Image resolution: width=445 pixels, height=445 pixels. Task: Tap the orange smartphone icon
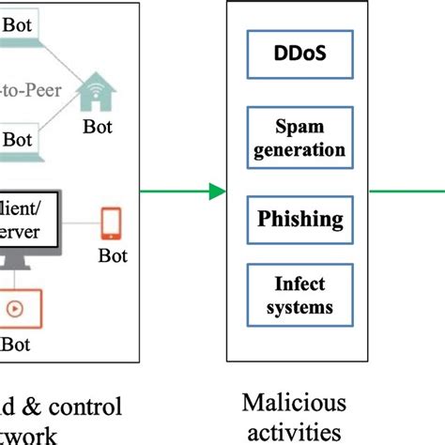(111, 222)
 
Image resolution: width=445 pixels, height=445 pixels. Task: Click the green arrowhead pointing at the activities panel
(217, 192)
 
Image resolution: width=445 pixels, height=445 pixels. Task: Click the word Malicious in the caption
(294, 404)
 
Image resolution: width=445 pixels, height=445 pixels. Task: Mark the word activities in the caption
(294, 432)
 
